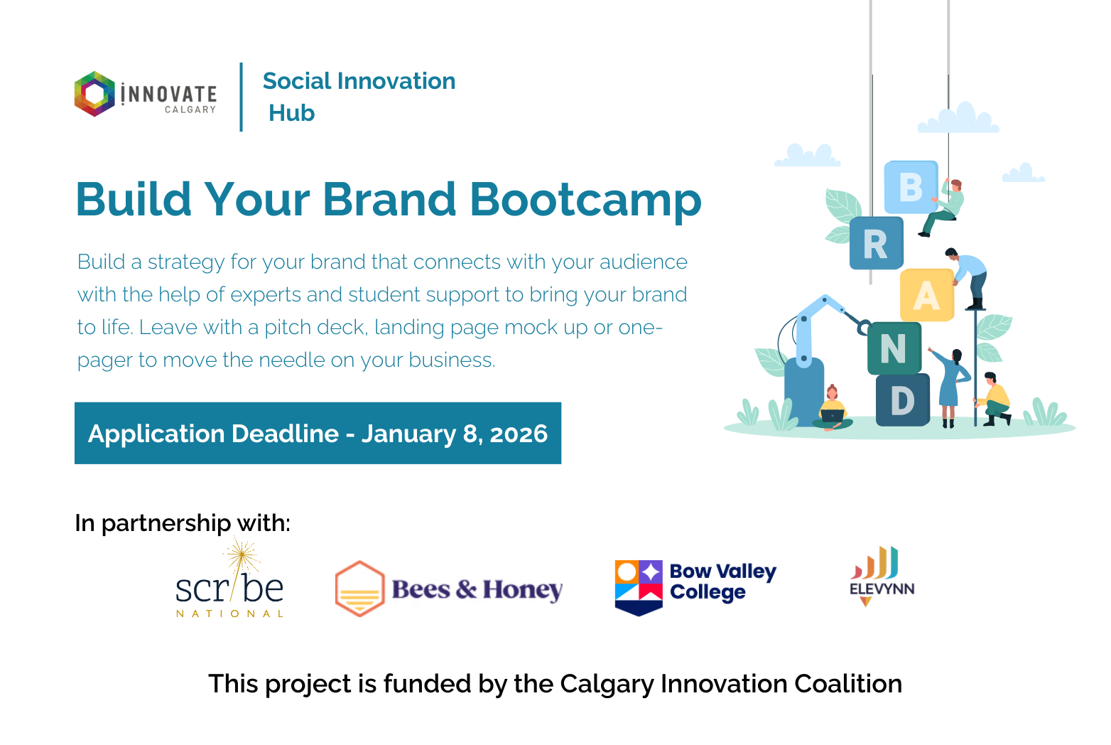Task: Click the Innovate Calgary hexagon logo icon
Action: pyautogui.click(x=94, y=94)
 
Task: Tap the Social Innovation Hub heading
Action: pyautogui.click(x=359, y=97)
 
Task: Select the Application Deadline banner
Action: pyautogui.click(x=318, y=433)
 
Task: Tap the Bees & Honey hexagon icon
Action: pyautogui.click(x=359, y=589)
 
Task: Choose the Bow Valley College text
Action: pyautogui.click(x=722, y=581)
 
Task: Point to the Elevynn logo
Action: pyautogui.click(x=882, y=577)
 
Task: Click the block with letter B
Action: pyautogui.click(x=911, y=187)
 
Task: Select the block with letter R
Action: pyautogui.click(x=876, y=244)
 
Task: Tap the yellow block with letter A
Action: pyautogui.click(x=926, y=295)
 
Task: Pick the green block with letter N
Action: pyautogui.click(x=894, y=348)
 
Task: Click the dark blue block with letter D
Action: pyautogui.click(x=902, y=400)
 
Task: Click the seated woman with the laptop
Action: pyautogui.click(x=833, y=410)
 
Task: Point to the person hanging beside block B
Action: pyautogui.click(x=945, y=206)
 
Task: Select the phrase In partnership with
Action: pyautogui.click(x=183, y=523)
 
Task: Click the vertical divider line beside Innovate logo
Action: pyautogui.click(x=242, y=97)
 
